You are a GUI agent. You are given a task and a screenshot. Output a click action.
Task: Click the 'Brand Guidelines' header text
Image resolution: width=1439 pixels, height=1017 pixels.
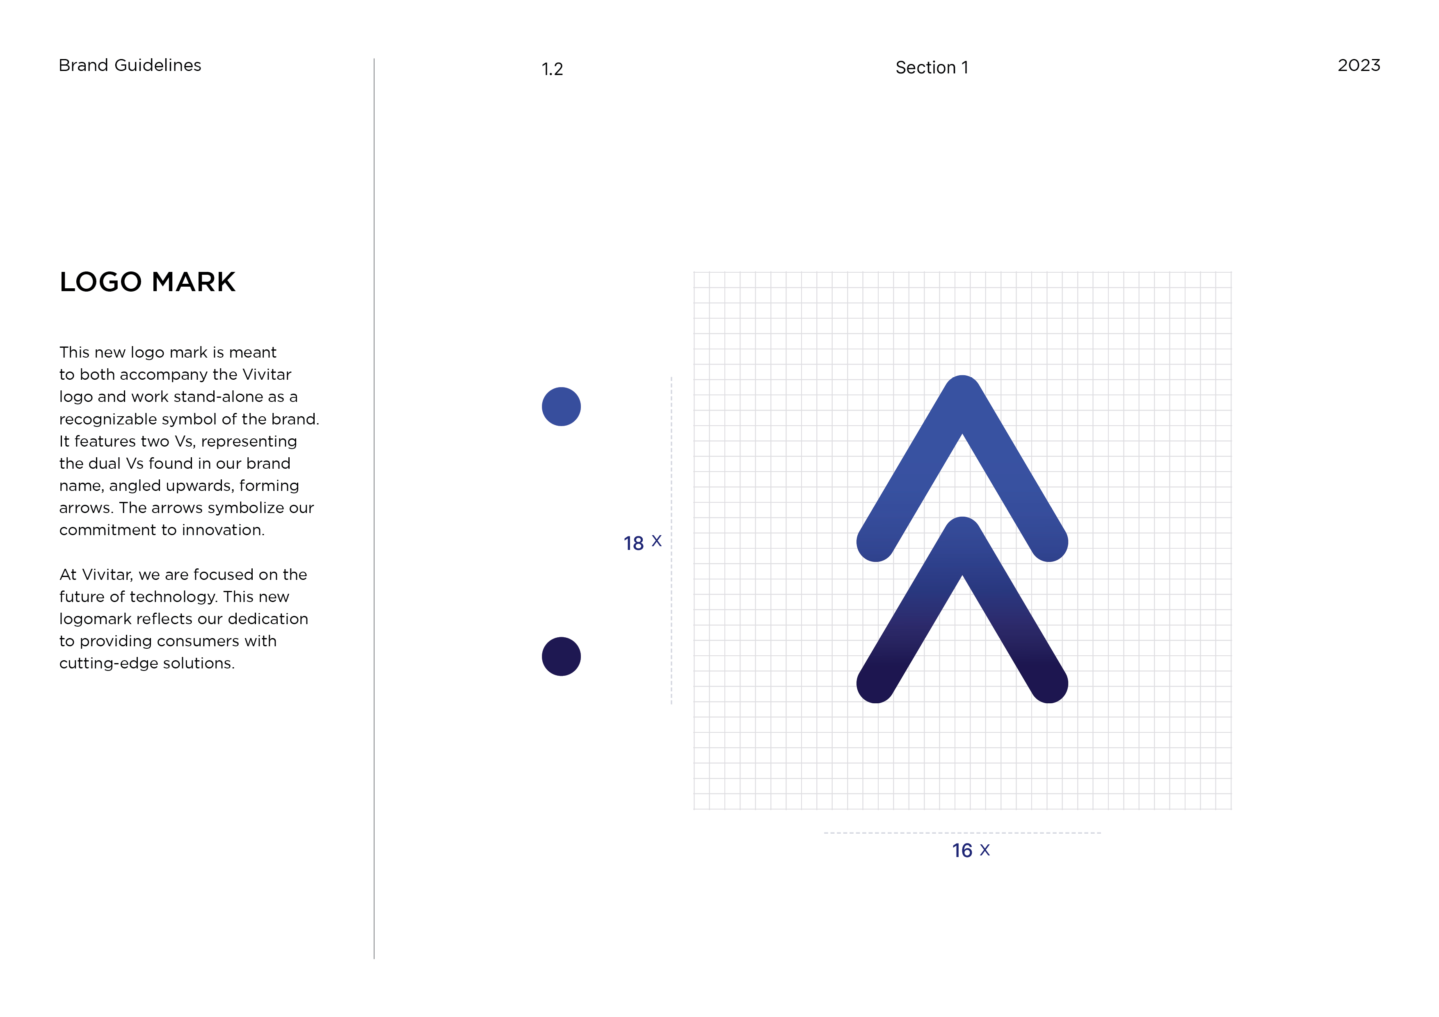[130, 65]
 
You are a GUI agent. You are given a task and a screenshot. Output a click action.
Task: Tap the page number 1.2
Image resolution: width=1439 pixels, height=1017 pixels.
[552, 69]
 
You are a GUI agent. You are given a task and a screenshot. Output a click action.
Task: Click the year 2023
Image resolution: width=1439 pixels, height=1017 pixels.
[1359, 65]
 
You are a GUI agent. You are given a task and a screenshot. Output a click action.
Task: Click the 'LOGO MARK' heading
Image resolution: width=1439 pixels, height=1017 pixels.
[147, 282]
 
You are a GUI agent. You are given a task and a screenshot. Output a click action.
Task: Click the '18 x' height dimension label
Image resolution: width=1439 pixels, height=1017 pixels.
[642, 543]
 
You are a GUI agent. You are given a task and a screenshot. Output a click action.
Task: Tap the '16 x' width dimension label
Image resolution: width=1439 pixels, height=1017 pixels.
[971, 851]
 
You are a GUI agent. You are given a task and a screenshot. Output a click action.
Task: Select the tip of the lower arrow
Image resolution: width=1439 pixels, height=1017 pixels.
[962, 519]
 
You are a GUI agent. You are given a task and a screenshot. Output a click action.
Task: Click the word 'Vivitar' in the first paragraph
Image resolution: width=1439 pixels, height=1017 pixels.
[267, 375]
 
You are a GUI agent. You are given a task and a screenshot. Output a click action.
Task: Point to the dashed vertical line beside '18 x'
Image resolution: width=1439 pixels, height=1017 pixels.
[671, 541]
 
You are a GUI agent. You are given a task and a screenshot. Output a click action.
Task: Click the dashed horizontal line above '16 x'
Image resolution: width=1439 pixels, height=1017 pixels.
[963, 833]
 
